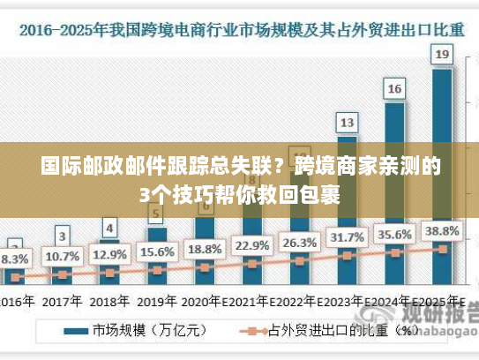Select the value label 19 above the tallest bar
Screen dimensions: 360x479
[x=443, y=55]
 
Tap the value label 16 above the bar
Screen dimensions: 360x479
[x=395, y=88]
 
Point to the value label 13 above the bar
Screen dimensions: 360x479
[x=348, y=121]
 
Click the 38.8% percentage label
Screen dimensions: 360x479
[x=443, y=230]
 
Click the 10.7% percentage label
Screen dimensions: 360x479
[x=63, y=256]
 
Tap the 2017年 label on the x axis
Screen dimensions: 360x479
[x=63, y=300]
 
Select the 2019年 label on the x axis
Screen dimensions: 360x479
[x=158, y=300]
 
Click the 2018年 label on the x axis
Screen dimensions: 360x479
[x=110, y=300]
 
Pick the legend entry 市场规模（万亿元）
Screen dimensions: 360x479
[x=141, y=333]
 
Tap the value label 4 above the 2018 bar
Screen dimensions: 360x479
[x=109, y=228]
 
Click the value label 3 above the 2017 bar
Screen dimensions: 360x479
[x=62, y=236]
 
